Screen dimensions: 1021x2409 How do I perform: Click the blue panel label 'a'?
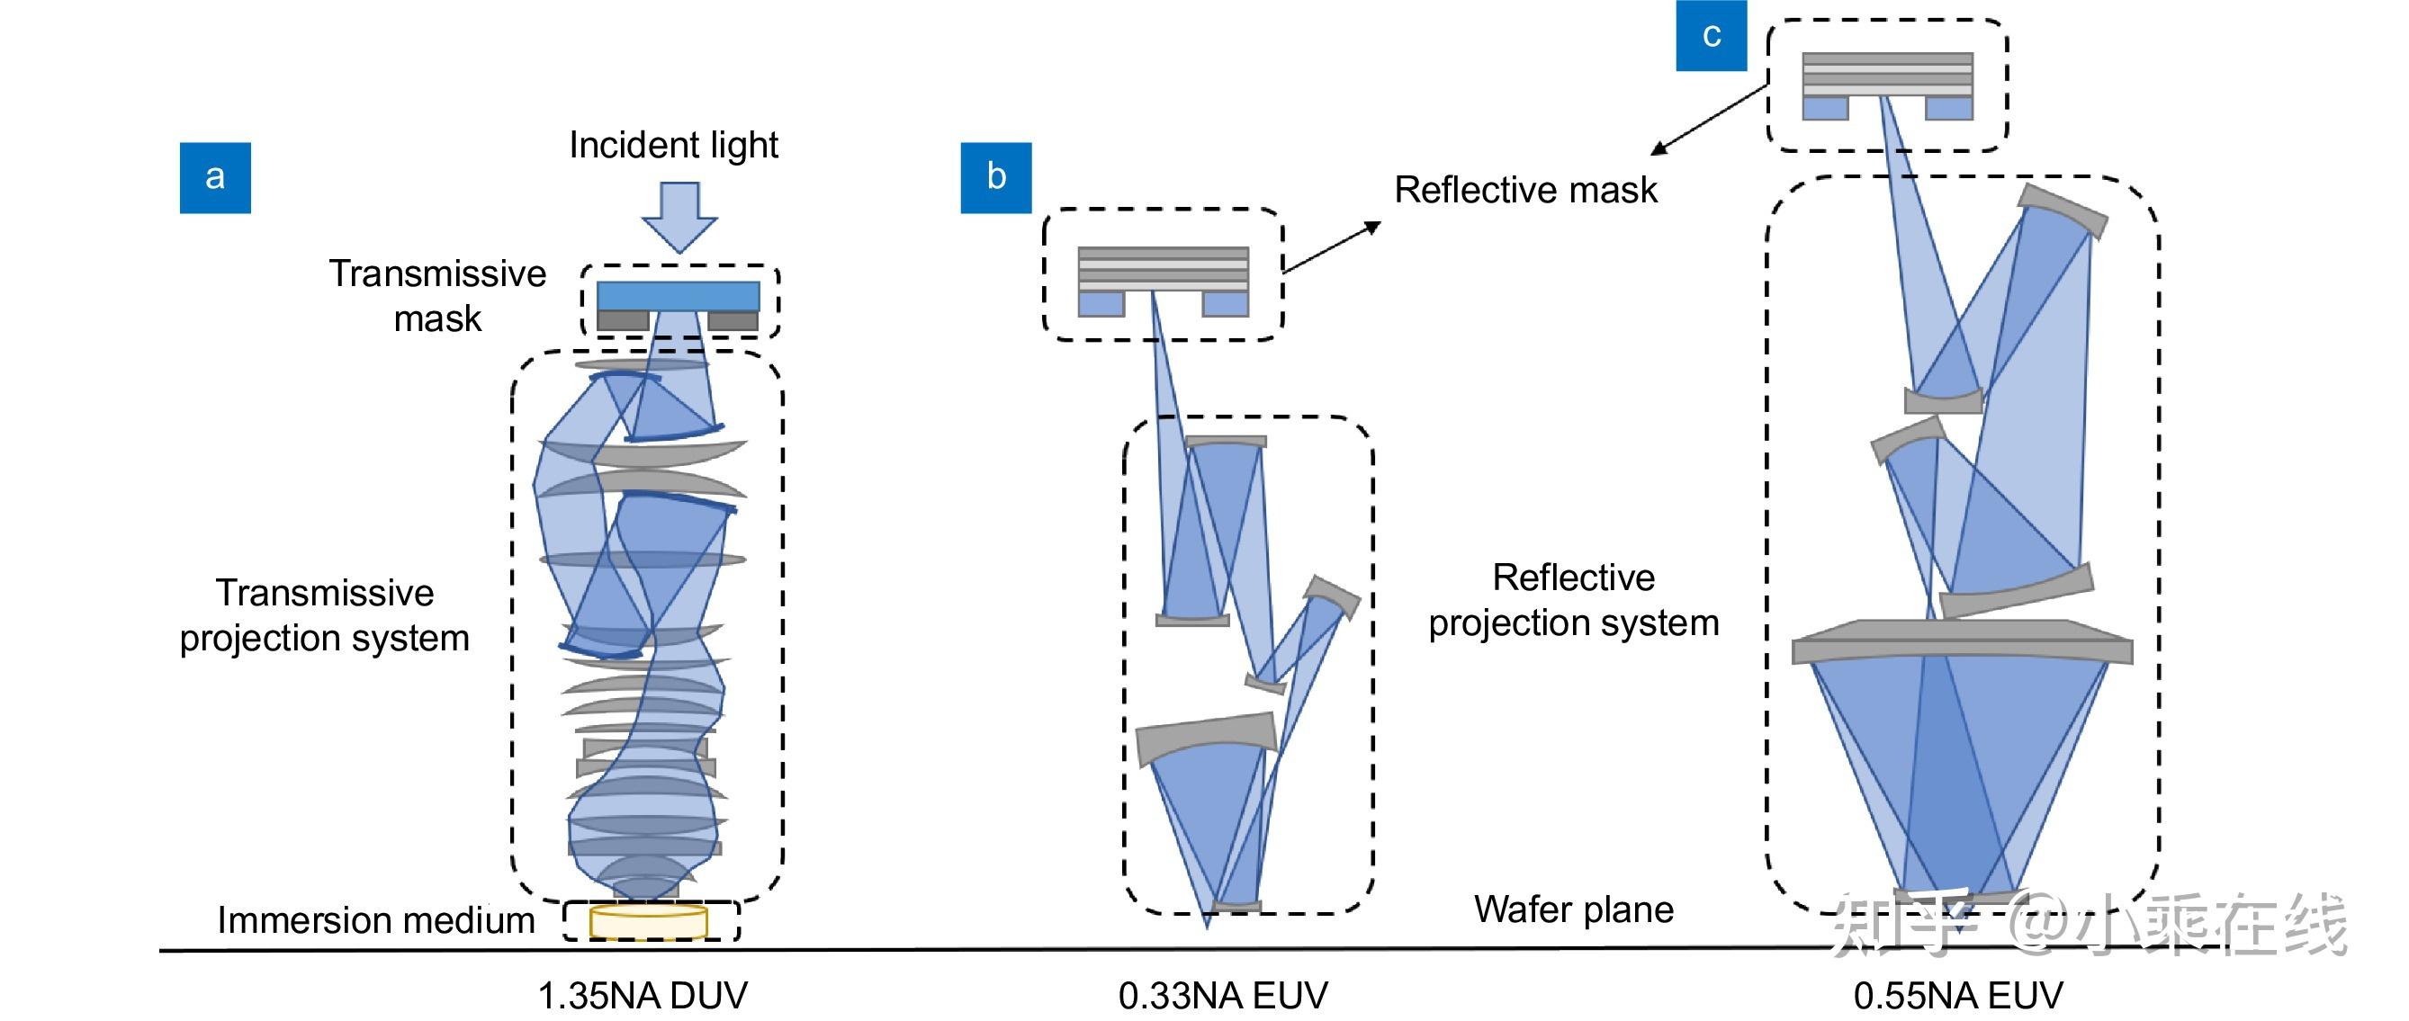pyautogui.click(x=215, y=177)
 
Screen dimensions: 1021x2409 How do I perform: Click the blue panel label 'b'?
pyautogui.click(x=996, y=177)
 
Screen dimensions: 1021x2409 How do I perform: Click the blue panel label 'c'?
pyautogui.click(x=1711, y=35)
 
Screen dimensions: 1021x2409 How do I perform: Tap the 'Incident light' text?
pyautogui.click(x=673, y=145)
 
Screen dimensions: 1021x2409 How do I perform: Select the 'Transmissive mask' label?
pyautogui.click(x=436, y=295)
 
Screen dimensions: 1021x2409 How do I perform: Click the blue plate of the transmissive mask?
pyautogui.click(x=678, y=295)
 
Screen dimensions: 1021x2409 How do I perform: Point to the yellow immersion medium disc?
pyautogui.click(x=648, y=921)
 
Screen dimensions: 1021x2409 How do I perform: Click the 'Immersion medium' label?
pyautogui.click(x=376, y=920)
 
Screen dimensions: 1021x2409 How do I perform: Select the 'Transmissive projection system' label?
pyautogui.click(x=325, y=615)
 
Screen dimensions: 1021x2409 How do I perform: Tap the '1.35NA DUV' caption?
pyautogui.click(x=643, y=996)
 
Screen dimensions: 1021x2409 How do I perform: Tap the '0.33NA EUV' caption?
pyautogui.click(x=1223, y=996)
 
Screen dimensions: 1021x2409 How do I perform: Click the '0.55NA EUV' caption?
pyautogui.click(x=1958, y=996)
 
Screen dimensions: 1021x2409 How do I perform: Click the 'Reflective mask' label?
pyautogui.click(x=1525, y=190)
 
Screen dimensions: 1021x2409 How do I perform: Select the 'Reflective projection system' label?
pyautogui.click(x=1574, y=600)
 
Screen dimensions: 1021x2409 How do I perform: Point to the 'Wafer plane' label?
pyautogui.click(x=1574, y=909)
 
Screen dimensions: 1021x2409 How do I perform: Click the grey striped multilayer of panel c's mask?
pyautogui.click(x=1887, y=74)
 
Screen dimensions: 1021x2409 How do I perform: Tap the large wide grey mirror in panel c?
pyautogui.click(x=1962, y=643)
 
